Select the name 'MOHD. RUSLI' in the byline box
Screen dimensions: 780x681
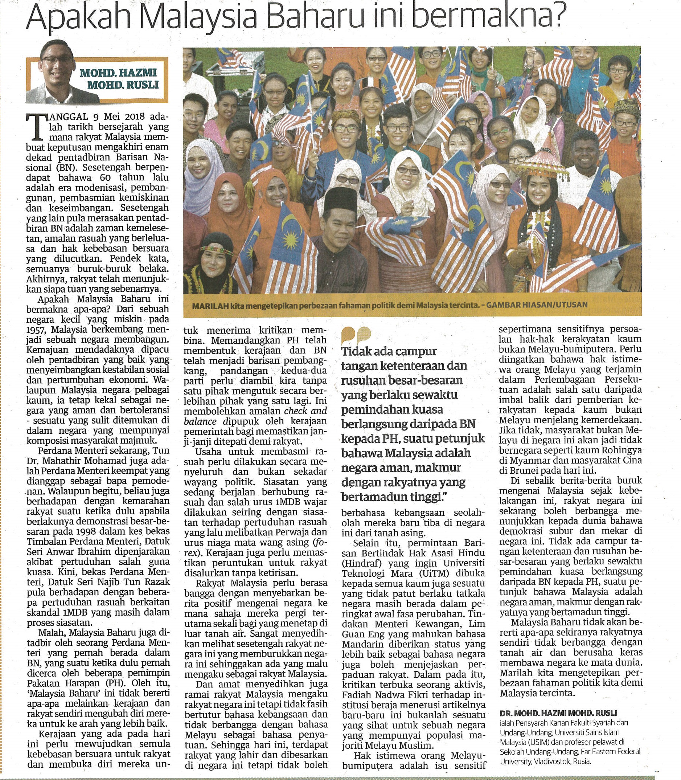point(123,84)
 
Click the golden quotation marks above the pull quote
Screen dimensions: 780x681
point(356,334)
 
